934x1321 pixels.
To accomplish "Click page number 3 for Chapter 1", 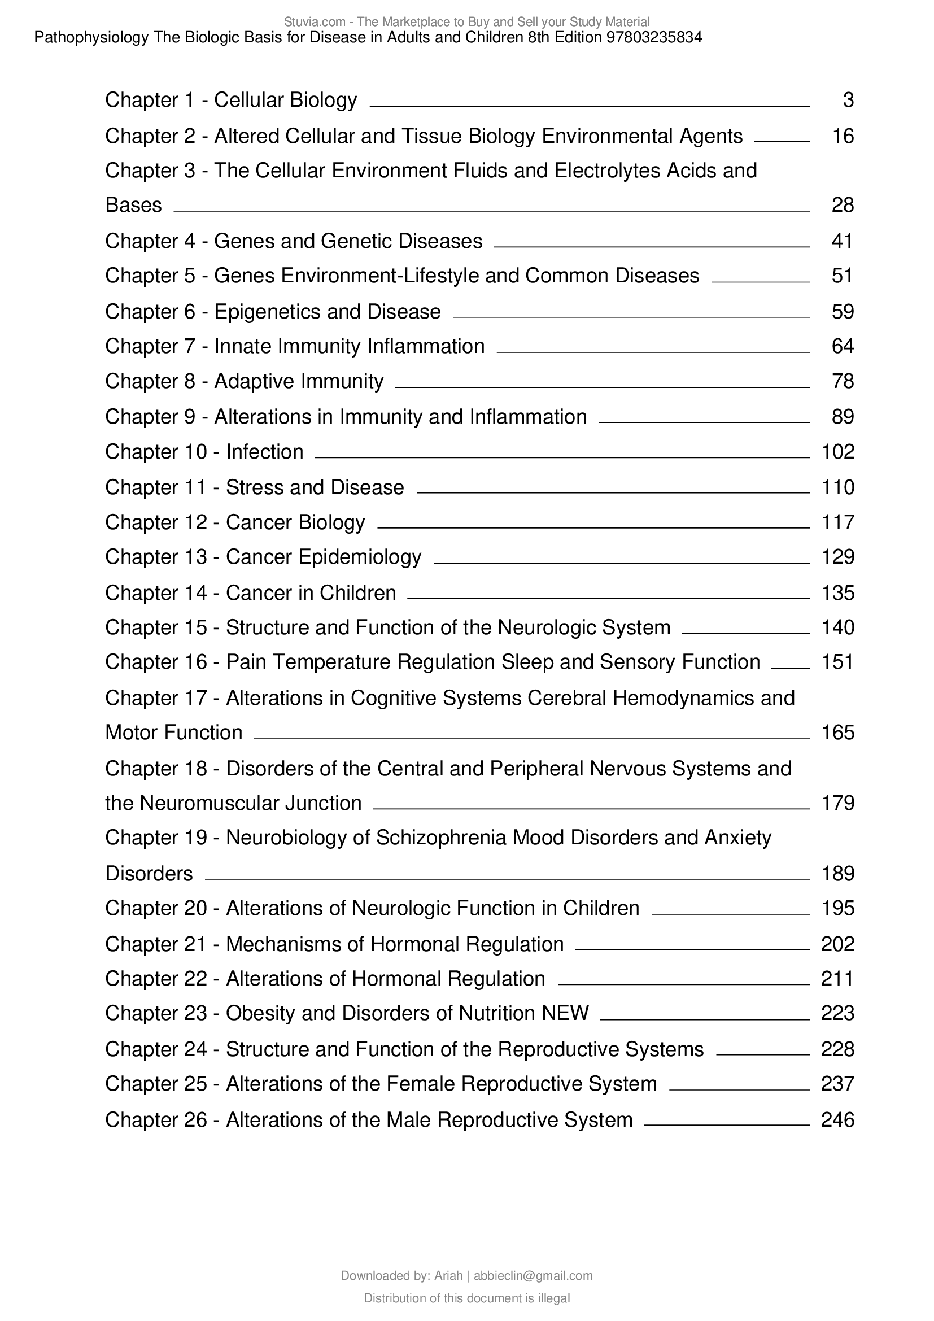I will [x=848, y=101].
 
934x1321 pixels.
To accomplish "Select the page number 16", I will [x=843, y=136].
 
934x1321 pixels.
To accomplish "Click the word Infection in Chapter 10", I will [x=264, y=452].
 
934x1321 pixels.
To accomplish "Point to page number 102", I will [x=838, y=452].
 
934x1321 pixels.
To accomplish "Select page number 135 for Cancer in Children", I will [x=838, y=593].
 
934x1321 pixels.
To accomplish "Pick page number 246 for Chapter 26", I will [x=838, y=1120].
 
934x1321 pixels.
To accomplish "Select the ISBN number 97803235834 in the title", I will [x=654, y=38].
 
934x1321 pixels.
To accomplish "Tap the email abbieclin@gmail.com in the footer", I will [x=533, y=1276].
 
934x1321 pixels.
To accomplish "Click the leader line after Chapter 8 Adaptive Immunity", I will [x=602, y=387].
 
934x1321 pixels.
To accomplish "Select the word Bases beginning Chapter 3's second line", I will [x=133, y=206].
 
